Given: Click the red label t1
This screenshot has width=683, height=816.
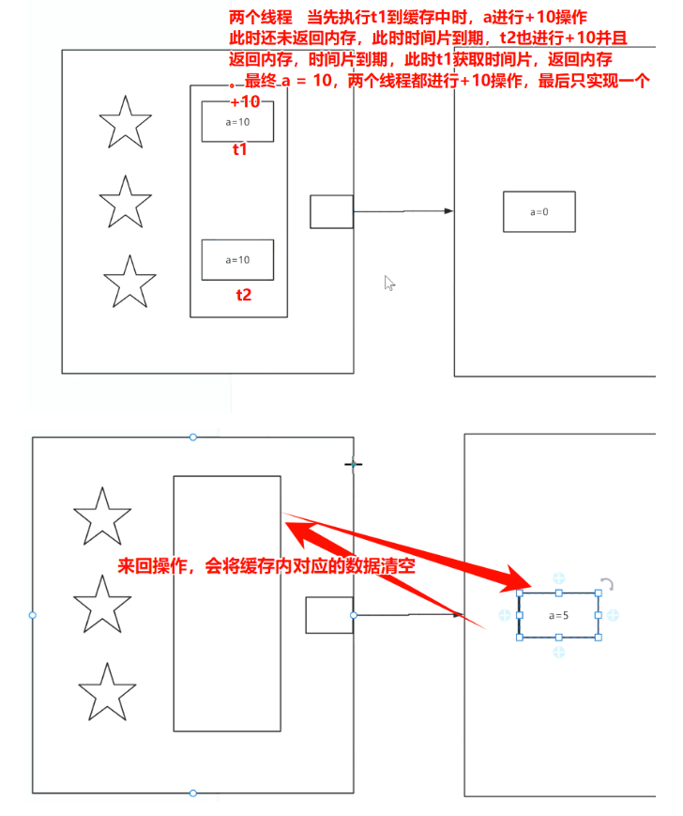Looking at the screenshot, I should pos(240,149).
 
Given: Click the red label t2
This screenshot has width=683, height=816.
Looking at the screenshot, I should pos(243,294).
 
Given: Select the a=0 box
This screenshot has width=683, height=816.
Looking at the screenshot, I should pos(539,211).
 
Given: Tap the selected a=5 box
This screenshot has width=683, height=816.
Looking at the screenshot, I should pos(558,615).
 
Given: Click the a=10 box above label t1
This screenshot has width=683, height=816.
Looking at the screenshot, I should pos(237,122).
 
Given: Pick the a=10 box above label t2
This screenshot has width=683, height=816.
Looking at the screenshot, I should pos(237,259).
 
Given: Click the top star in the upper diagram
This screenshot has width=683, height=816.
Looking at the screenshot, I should pos(125,123).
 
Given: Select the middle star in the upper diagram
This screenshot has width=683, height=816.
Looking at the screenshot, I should pos(125,201).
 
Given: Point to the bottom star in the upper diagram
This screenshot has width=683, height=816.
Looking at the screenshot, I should pos(129,280).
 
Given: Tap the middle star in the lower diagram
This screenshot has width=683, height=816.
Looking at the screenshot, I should pos(101,605).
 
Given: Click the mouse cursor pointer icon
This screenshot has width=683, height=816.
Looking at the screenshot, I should pos(389,283).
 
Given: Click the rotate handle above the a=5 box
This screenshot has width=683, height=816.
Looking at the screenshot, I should pos(608,585).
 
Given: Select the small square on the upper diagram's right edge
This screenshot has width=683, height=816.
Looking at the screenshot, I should pos(331,211).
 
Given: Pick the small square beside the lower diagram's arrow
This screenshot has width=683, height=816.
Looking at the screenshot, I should pos(328,615).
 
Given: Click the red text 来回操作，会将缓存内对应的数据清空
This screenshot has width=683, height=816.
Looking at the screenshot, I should pos(266,568).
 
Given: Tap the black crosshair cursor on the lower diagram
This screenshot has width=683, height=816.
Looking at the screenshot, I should pos(354,464).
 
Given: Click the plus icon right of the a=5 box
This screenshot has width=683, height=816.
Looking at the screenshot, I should pos(613,615).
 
